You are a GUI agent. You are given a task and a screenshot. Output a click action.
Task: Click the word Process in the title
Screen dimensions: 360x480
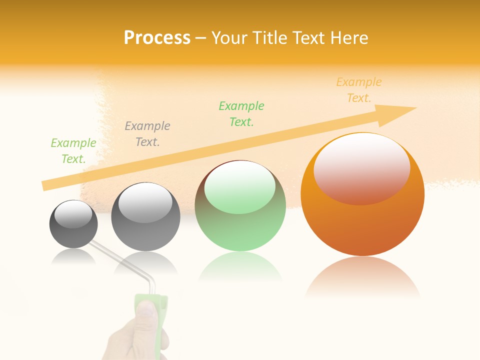click(x=157, y=38)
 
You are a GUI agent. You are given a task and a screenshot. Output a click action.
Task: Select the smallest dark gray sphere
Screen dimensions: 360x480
click(x=73, y=224)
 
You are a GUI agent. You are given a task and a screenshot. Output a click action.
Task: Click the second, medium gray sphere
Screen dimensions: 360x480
click(x=145, y=217)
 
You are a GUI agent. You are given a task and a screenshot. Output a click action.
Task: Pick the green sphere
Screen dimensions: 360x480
click(x=240, y=206)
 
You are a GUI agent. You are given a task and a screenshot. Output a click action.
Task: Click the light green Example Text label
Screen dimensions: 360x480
click(x=73, y=151)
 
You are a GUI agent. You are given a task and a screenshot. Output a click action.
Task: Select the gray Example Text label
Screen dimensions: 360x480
click(x=147, y=134)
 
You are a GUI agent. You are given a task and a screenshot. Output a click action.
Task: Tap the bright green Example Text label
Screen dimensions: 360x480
click(x=241, y=114)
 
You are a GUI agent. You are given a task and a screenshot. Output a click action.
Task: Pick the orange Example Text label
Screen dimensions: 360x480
click(x=359, y=90)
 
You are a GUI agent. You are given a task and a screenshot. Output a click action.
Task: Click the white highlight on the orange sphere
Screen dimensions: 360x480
click(x=361, y=168)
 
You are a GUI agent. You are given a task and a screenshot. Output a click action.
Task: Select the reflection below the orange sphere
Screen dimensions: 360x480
click(x=362, y=277)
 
